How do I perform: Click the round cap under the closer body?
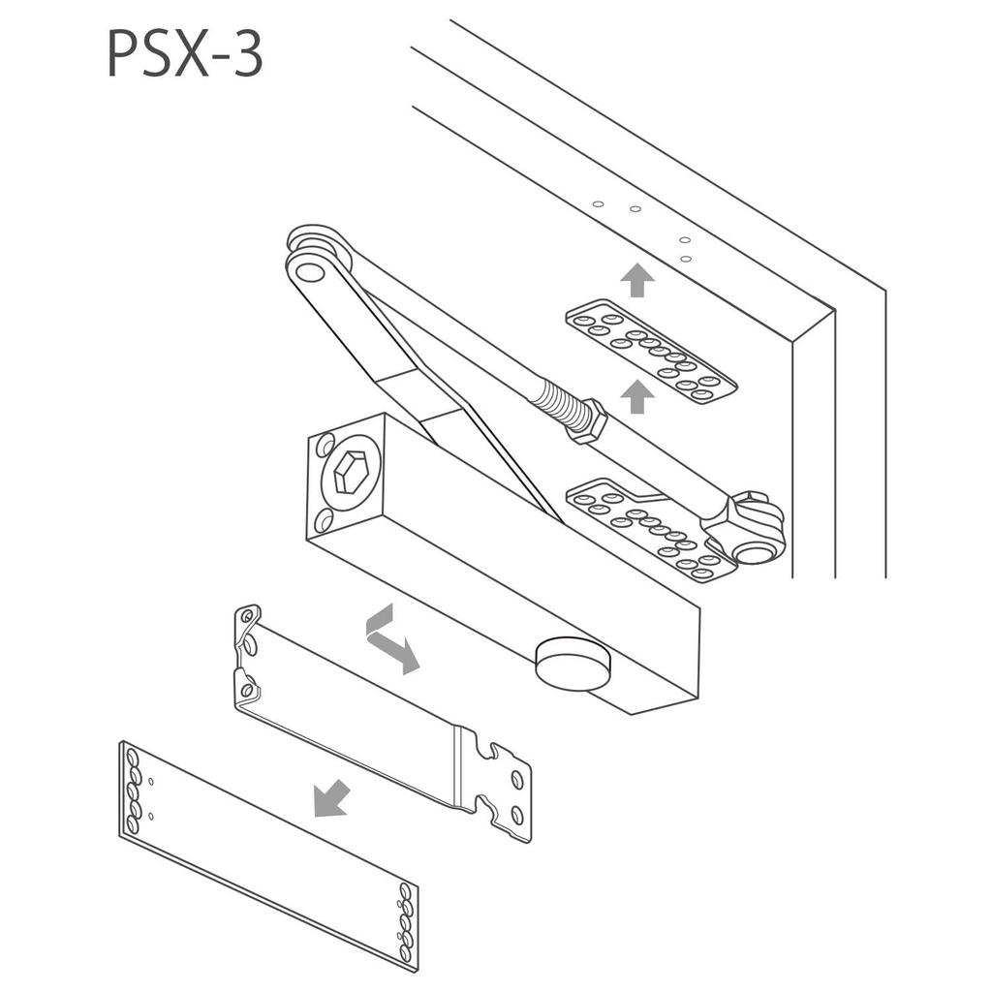click(x=573, y=663)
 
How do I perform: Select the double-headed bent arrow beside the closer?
click(x=391, y=638)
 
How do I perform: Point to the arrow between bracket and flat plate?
click(x=331, y=799)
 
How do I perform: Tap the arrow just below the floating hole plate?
click(x=636, y=396)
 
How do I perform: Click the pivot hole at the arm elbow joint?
click(x=310, y=272)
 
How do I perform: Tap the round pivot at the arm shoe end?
click(x=753, y=551)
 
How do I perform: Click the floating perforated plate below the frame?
click(x=650, y=351)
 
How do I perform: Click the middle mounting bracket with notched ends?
click(x=378, y=717)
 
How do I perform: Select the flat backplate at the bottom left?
click(x=267, y=852)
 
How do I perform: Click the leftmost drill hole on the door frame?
click(x=598, y=204)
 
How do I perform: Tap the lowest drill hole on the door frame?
click(x=685, y=258)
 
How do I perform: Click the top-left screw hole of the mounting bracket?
click(x=247, y=615)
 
